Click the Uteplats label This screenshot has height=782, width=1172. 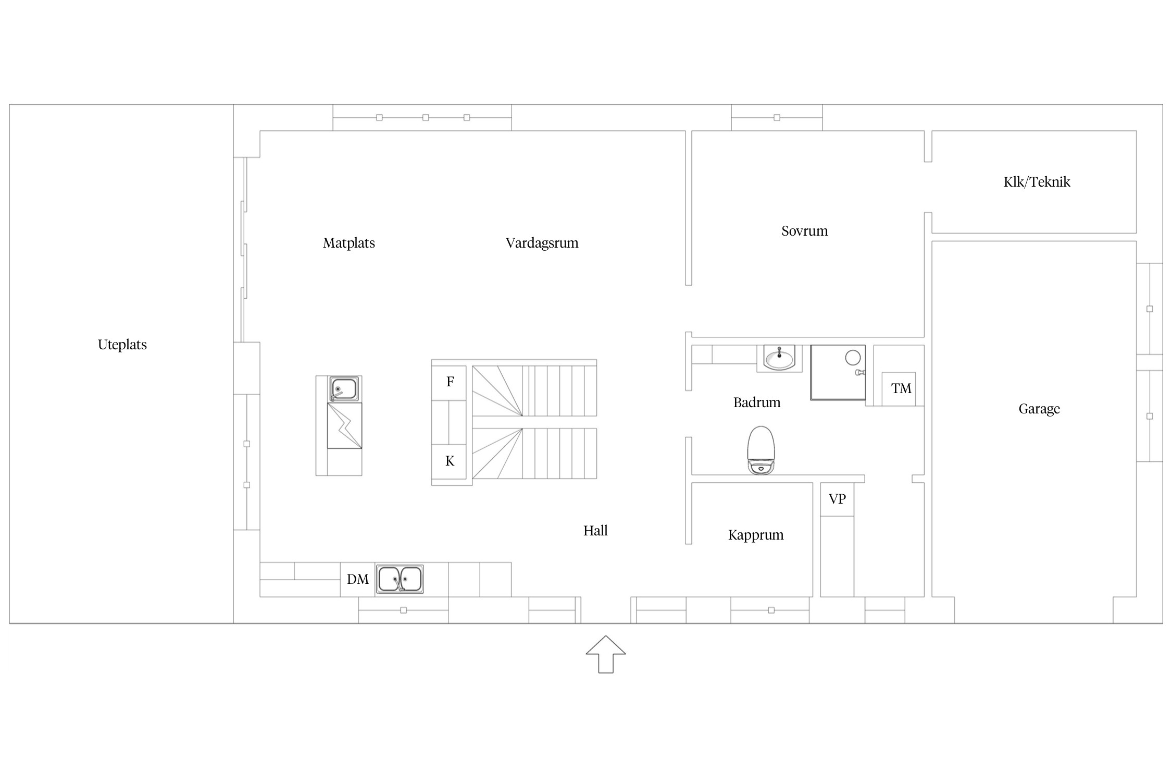pos(122,345)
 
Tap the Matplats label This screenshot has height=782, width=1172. pos(349,243)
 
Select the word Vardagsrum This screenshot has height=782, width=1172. pos(542,243)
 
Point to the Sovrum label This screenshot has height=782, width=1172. pos(805,231)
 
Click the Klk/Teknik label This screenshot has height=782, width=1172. pos(1037,182)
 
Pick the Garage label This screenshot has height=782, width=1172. pos(1039,409)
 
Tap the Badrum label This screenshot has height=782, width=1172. pos(757,402)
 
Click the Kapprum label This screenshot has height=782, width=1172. pos(756,535)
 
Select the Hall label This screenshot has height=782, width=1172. pos(595,531)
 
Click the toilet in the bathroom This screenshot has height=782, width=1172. pos(761,450)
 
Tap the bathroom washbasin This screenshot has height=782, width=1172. pos(779,358)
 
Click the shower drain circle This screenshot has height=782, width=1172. pos(853,358)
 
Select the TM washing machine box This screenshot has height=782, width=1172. pos(899,389)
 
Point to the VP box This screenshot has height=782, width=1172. pos(837,499)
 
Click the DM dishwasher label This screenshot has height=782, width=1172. pos(358,579)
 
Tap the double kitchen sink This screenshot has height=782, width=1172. pos(400,579)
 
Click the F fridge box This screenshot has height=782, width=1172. pos(449,383)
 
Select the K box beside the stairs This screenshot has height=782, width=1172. pos(449,461)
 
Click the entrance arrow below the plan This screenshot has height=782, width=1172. pos(606,654)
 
